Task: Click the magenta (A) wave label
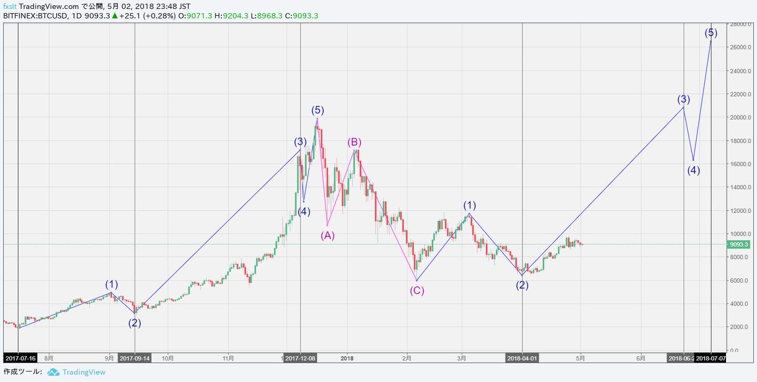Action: pos(328,235)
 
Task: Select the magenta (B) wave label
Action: pos(354,142)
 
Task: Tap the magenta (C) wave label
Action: pos(417,291)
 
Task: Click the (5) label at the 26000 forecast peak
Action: pos(711,33)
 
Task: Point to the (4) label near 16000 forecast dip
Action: pos(694,170)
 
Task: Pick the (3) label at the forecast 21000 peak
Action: pos(683,99)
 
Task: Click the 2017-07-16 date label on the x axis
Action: pos(20,358)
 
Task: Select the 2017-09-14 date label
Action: pos(135,358)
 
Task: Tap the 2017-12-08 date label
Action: pos(300,358)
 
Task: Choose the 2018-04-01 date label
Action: pos(522,358)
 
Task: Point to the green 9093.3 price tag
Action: pos(739,244)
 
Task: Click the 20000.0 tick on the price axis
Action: pos(741,117)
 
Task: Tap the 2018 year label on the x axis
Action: pos(347,358)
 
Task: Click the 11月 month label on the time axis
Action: pos(228,358)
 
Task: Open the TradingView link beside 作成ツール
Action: pos(84,372)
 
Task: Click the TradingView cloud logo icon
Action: pos(53,372)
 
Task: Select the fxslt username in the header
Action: pos(9,6)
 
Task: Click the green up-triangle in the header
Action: pos(114,16)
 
